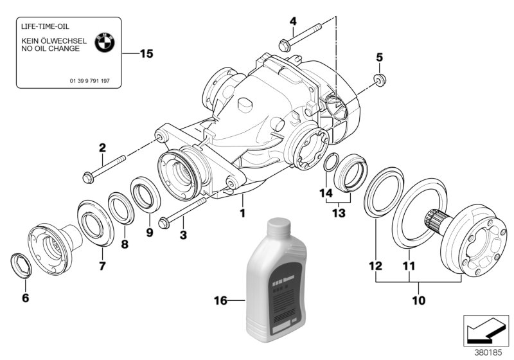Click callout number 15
pyautogui.click(x=146, y=54)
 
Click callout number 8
pyautogui.click(x=125, y=244)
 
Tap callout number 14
pyautogui.click(x=323, y=193)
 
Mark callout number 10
pyautogui.click(x=418, y=299)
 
